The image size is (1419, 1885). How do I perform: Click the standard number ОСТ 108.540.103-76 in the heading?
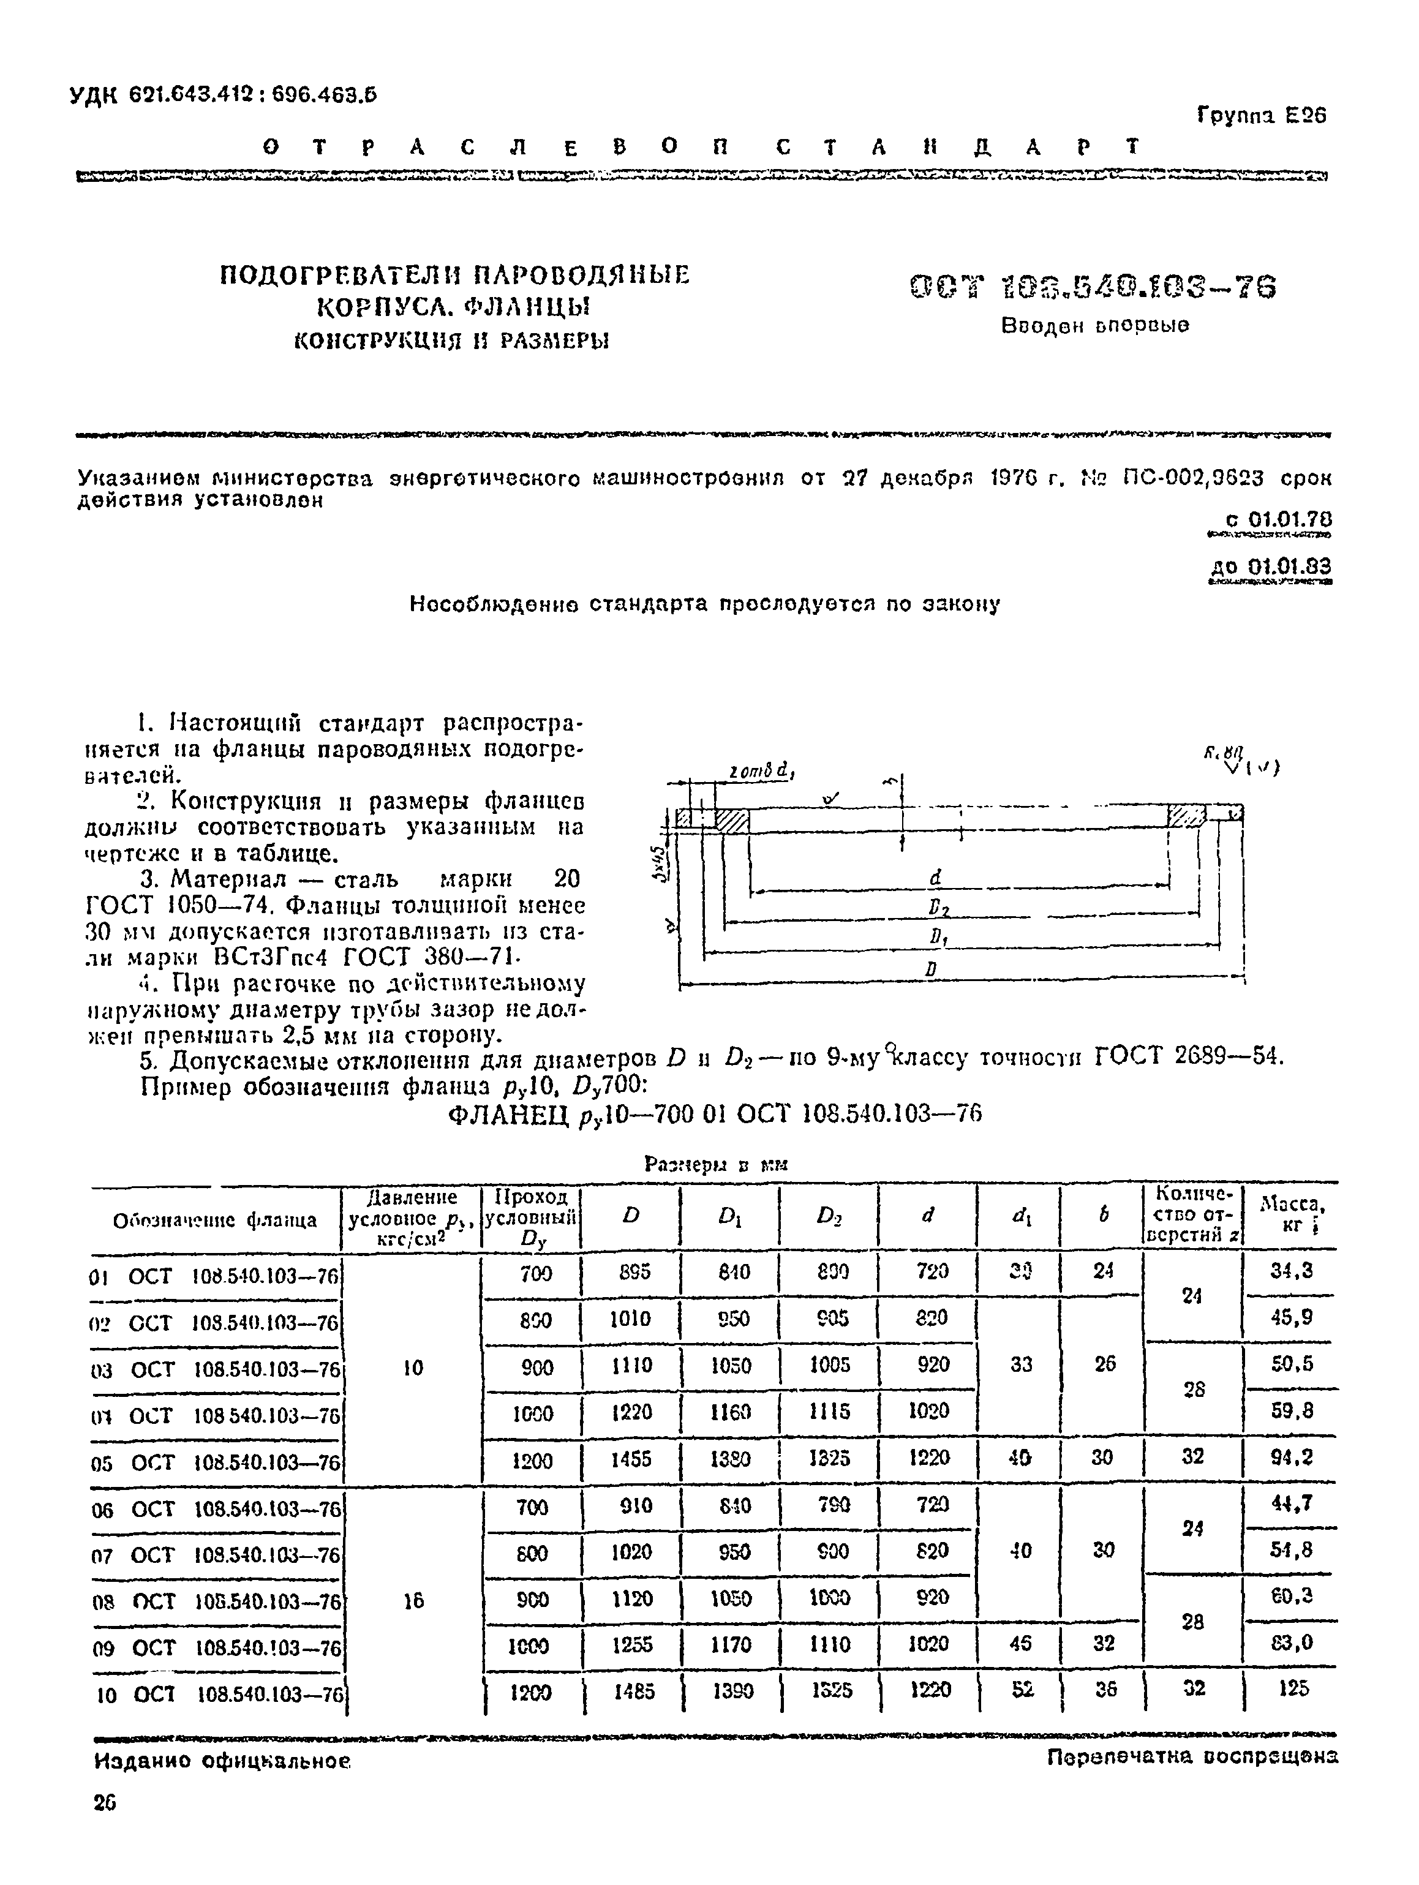pyautogui.click(x=1093, y=288)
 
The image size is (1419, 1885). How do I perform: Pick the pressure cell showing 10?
pyautogui.click(x=413, y=1368)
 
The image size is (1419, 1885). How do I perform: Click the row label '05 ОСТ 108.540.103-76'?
pyautogui.click(x=216, y=1462)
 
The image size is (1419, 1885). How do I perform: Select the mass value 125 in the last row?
pyautogui.click(x=1293, y=1688)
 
